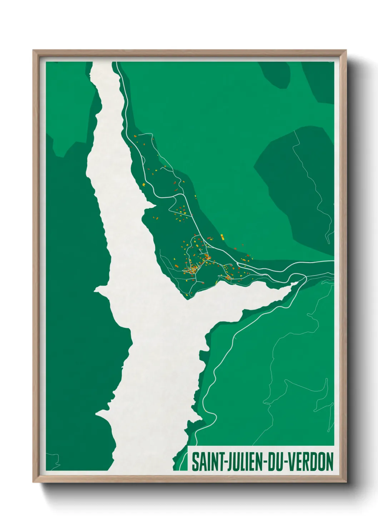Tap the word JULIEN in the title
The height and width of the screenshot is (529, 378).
pos(242,462)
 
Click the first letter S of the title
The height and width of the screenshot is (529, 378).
pos(195,462)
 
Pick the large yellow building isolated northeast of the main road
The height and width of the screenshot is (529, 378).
pos(222,236)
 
